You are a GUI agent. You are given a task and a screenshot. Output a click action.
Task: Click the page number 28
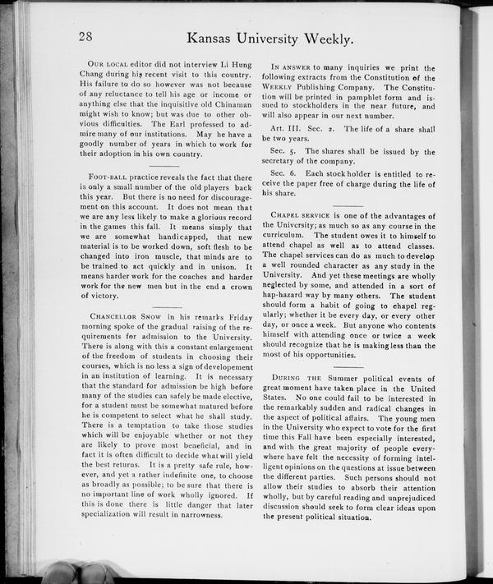coord(88,36)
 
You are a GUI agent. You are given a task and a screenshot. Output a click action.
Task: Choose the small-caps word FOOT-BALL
coord(110,178)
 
